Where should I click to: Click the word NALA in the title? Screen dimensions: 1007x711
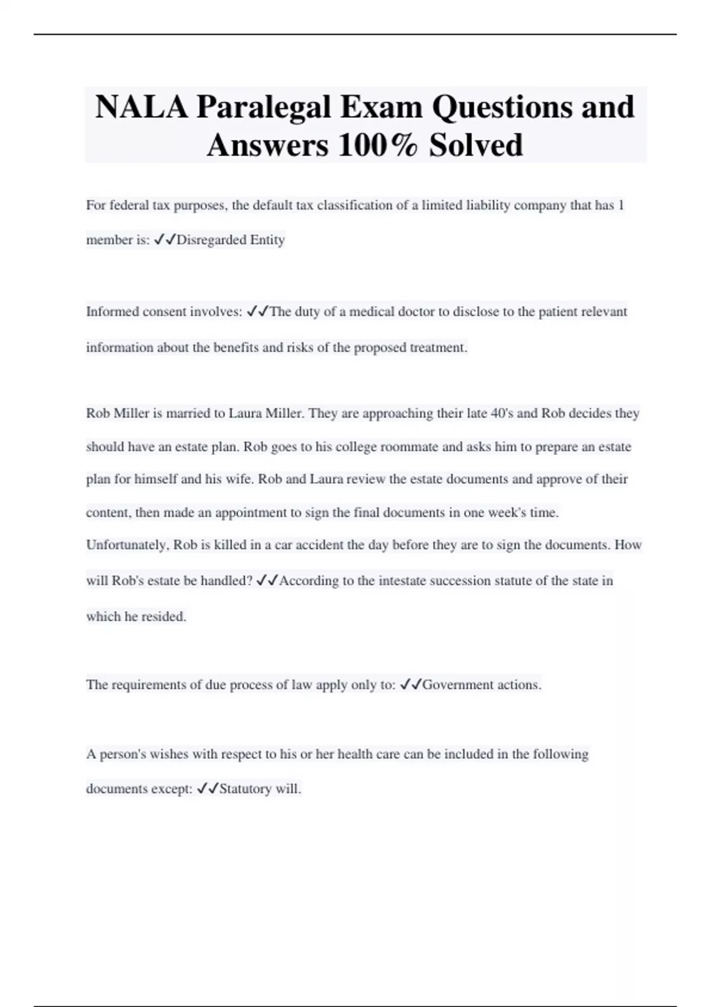click(x=141, y=107)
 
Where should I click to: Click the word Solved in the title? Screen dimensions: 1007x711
click(x=476, y=145)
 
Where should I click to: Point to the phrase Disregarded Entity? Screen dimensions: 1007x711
click(x=230, y=240)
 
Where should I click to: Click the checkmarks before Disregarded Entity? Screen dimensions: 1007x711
click(x=164, y=240)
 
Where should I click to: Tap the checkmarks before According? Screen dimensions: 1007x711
click(x=267, y=581)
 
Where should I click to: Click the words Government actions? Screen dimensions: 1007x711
click(x=481, y=685)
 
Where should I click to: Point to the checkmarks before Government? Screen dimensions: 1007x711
click(x=411, y=685)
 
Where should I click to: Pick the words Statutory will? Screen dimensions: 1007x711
click(x=260, y=789)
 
